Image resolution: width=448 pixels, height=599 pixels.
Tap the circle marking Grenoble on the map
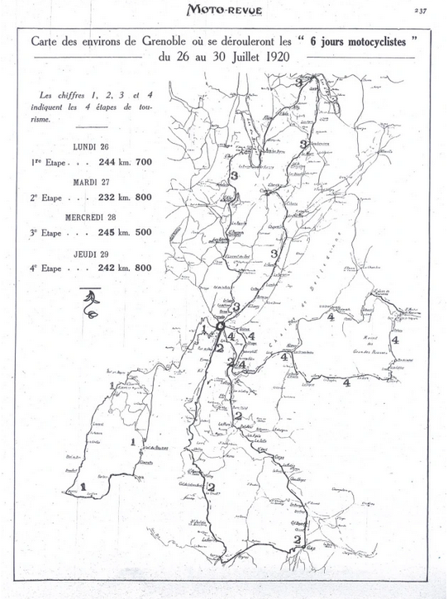[x=221, y=329]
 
